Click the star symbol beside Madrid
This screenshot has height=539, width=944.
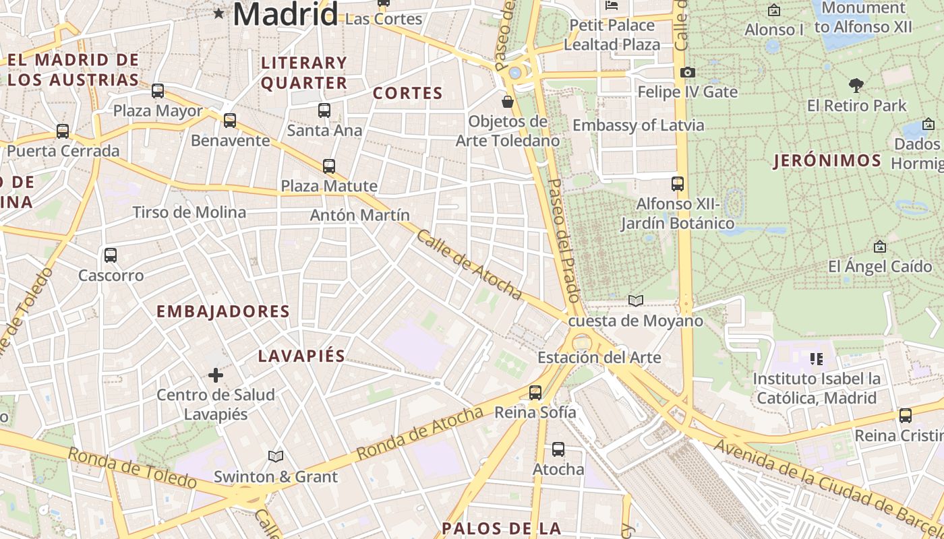click(218, 13)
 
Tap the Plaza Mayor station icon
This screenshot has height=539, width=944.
click(158, 90)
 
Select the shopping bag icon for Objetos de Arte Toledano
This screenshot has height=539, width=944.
click(508, 102)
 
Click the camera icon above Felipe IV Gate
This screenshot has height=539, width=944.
click(687, 72)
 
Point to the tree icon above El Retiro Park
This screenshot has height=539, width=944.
click(856, 86)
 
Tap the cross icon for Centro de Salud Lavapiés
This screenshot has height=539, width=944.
click(216, 375)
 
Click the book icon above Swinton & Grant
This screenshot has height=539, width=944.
click(275, 456)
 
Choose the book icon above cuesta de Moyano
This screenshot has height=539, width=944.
click(635, 300)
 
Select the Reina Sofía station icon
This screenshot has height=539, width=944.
click(535, 392)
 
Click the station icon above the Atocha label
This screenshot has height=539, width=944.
click(558, 449)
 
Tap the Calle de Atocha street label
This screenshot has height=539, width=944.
click(469, 265)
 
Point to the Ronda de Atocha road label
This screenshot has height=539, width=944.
click(419, 433)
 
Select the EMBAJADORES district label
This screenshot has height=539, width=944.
click(223, 311)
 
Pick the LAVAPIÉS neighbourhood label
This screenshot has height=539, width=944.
click(301, 356)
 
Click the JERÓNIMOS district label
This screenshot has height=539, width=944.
click(827, 161)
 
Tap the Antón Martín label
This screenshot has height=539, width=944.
click(359, 216)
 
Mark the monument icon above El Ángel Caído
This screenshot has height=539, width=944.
click(879, 247)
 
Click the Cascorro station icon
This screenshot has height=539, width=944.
click(111, 255)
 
